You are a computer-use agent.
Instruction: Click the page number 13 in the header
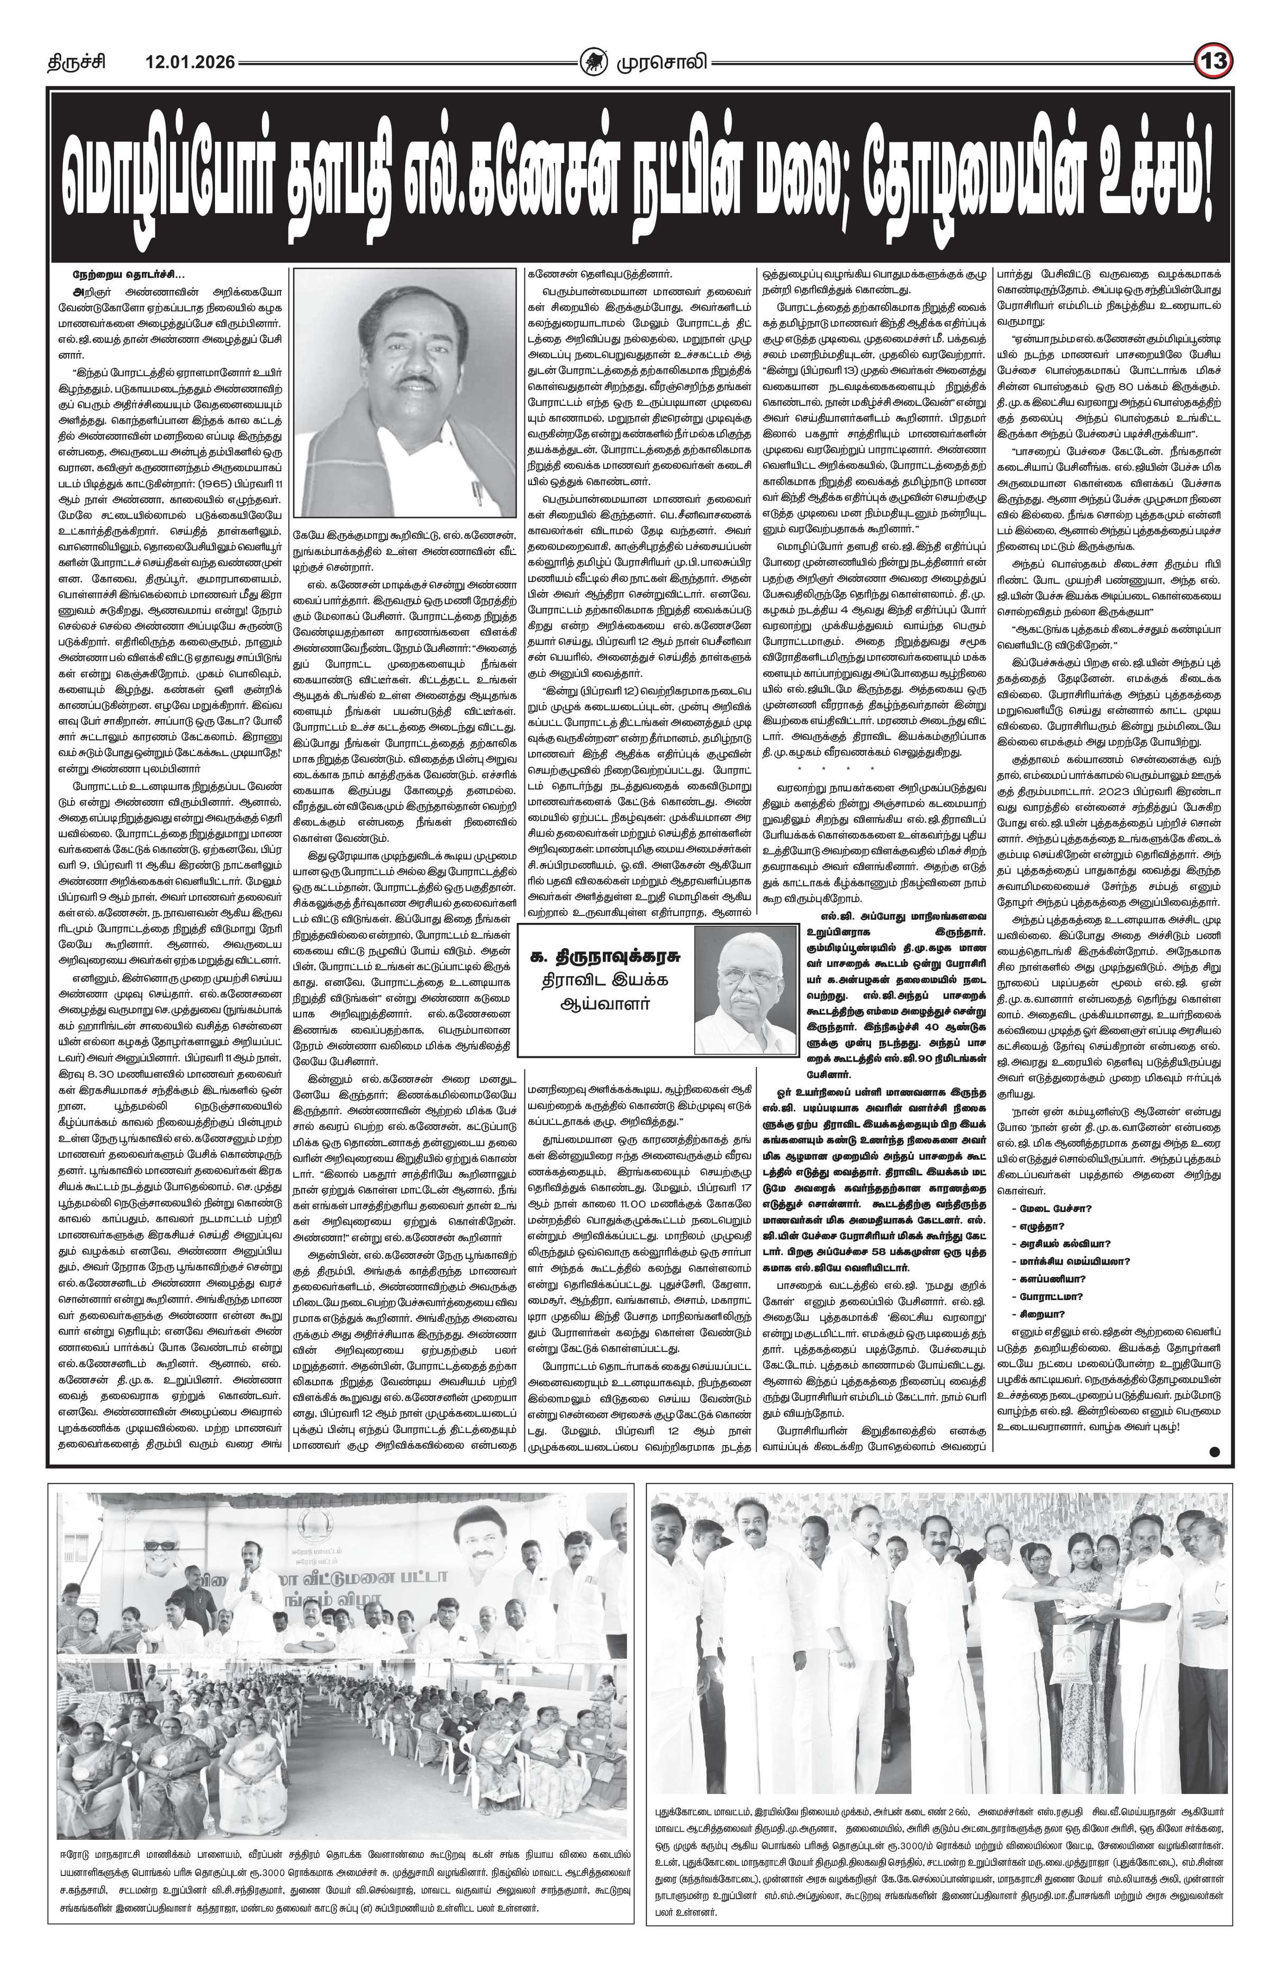point(1213,62)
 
